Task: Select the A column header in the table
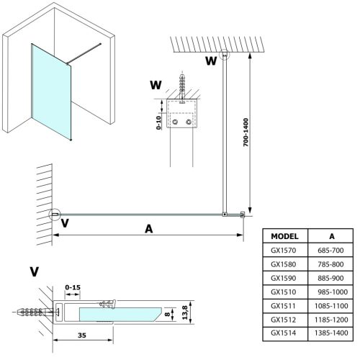click(330, 235)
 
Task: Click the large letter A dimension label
click(149, 229)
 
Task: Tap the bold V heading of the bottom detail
click(35, 271)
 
